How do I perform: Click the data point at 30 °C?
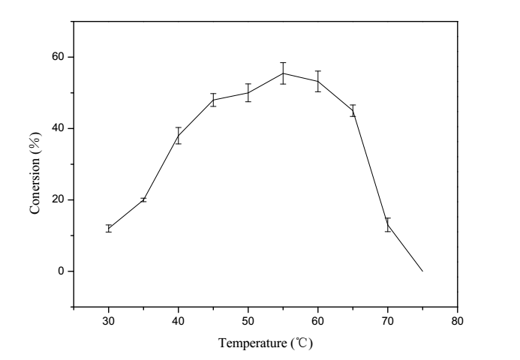(109, 228)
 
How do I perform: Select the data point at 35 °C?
(143, 199)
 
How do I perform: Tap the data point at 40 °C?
(179, 135)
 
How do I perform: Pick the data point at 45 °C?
(213, 100)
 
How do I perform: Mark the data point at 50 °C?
(248, 92)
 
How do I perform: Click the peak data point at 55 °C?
(283, 73)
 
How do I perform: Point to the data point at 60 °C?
(318, 81)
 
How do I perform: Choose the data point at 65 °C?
(353, 110)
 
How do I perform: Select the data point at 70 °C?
(388, 224)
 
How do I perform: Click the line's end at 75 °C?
(422, 271)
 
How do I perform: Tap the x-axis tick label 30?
(109, 321)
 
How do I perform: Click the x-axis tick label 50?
(248, 321)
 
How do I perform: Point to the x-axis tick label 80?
(458, 321)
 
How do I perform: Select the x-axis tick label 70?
(388, 321)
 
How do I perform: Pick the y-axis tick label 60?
(59, 57)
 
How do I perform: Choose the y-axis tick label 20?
(59, 199)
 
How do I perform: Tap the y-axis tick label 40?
(59, 128)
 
